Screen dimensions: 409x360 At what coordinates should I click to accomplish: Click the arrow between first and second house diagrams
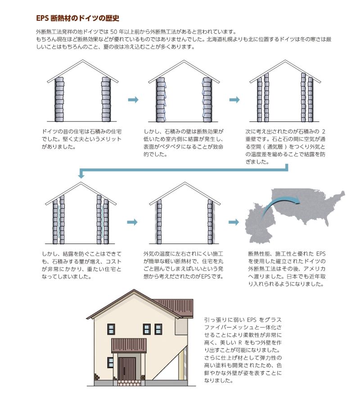point(133,100)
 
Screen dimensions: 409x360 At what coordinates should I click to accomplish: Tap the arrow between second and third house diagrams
point(234,100)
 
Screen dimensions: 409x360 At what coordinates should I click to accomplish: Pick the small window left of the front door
point(110,362)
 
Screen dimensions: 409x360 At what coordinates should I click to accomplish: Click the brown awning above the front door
point(129,345)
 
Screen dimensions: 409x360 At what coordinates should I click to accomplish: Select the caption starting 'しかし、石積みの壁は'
point(184,143)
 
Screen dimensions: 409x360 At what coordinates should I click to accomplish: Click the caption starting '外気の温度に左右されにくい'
point(184,265)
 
